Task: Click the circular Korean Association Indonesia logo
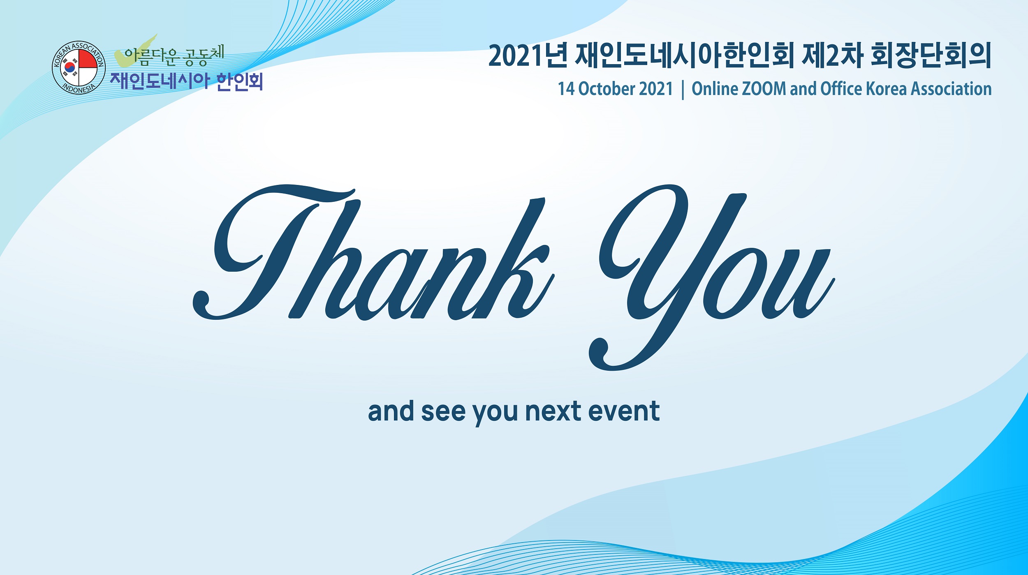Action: click(x=79, y=67)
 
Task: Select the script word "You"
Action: click(x=712, y=277)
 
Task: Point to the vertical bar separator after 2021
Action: click(x=683, y=90)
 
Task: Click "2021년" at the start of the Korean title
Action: click(x=528, y=55)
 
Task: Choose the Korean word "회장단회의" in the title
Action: click(x=931, y=55)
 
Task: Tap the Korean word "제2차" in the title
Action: click(x=832, y=55)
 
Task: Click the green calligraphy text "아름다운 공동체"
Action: click(x=174, y=55)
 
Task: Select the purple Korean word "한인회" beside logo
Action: click(x=239, y=81)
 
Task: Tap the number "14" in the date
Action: click(x=566, y=89)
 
